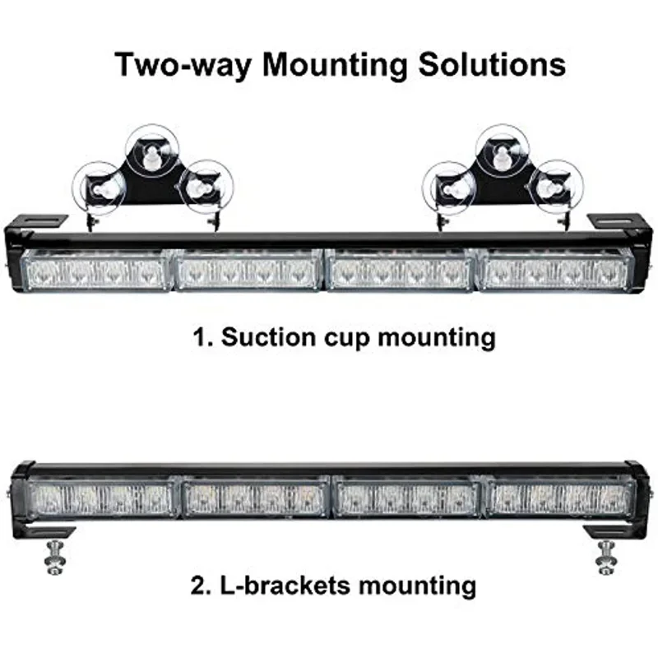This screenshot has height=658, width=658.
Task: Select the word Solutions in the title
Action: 484,64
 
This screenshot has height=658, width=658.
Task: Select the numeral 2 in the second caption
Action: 197,586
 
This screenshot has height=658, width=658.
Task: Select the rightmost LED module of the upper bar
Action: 557,270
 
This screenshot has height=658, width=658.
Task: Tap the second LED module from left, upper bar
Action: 248,270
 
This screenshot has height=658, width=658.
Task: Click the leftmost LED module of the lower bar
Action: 102,498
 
